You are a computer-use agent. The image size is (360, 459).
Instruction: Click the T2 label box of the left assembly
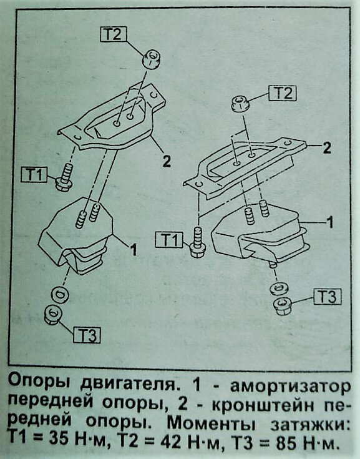[113, 34]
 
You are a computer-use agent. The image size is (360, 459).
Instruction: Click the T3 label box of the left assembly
[87, 335]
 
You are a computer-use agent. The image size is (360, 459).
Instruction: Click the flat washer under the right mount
[279, 289]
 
